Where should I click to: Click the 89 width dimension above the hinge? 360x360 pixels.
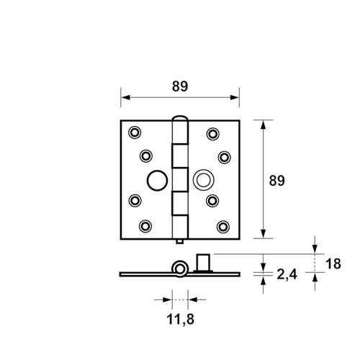click(180, 86)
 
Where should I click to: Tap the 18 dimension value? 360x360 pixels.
click(333, 264)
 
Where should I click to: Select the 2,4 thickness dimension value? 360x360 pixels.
click(286, 274)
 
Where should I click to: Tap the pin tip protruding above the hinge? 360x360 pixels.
click(180, 117)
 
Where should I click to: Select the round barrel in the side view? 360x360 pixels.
click(179, 269)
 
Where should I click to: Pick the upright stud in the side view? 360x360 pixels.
click(202, 261)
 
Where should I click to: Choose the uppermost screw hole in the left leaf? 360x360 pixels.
click(135, 132)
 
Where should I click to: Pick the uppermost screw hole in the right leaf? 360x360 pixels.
click(212, 132)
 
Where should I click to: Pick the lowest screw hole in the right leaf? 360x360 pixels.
click(223, 226)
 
